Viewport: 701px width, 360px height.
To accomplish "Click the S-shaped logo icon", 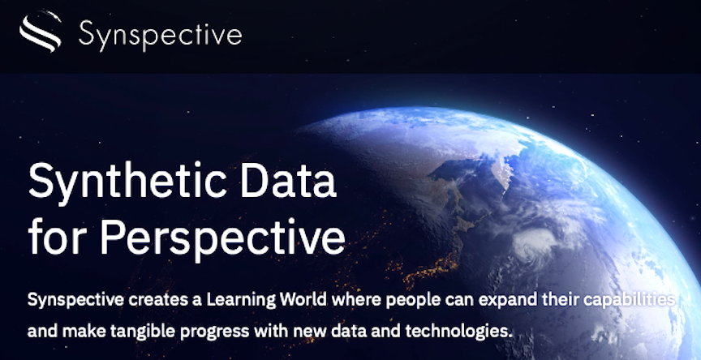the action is (41, 32).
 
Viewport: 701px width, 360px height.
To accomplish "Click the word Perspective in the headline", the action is (222, 238).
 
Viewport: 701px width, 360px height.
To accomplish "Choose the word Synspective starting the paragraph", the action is (75, 300).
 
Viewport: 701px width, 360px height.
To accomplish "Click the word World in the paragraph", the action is (303, 300).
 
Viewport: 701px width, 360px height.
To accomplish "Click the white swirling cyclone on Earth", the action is (535, 243).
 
